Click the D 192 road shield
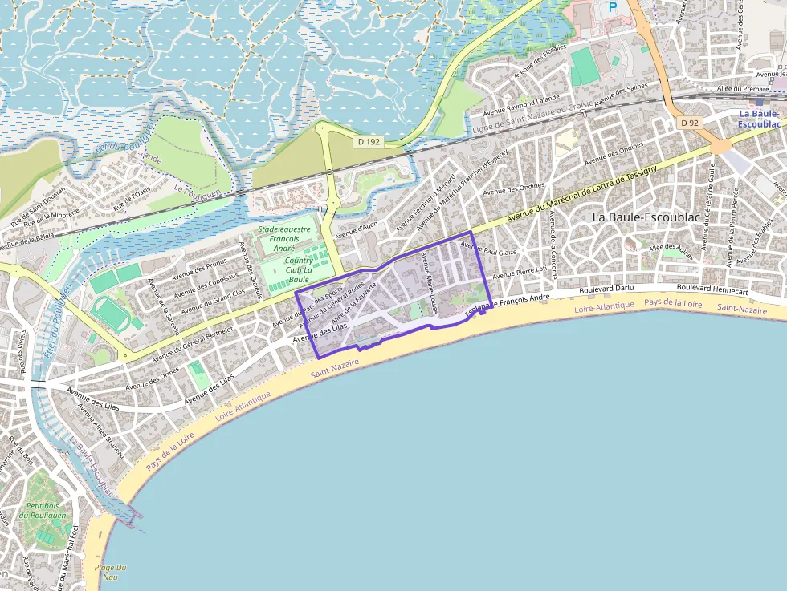tap(368, 141)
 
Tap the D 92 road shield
tap(689, 123)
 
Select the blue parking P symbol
tap(613, 7)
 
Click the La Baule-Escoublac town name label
tap(640, 217)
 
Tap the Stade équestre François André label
tap(283, 238)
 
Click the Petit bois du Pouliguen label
tap(46, 510)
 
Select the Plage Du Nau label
tap(110, 572)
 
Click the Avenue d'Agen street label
tap(356, 230)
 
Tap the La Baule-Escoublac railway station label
tap(759, 119)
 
